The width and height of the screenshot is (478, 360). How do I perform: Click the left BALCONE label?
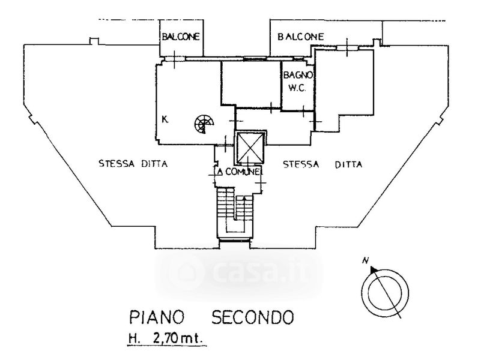point(180,37)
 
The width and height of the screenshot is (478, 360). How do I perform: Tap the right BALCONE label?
point(300,37)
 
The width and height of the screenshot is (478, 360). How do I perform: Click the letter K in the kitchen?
point(164,120)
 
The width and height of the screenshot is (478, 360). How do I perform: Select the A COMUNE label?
point(240,173)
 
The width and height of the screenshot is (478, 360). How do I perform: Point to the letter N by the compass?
point(365,260)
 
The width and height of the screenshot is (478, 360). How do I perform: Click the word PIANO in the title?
point(158,316)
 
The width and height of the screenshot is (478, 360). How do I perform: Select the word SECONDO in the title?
point(252,316)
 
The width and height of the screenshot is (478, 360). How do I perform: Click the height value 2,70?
point(163,339)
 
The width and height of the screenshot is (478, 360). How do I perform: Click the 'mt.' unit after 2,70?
point(193,339)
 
